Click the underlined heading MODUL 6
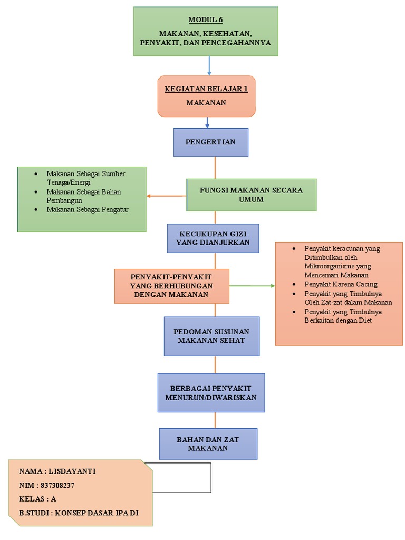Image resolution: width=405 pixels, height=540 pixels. pyautogui.click(x=206, y=20)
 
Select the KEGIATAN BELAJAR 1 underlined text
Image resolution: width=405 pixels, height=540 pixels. pyautogui.click(x=206, y=89)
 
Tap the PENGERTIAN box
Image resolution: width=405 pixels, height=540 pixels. pyautogui.click(x=210, y=142)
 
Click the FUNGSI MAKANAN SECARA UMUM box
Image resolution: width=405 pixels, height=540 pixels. pyautogui.click(x=251, y=195)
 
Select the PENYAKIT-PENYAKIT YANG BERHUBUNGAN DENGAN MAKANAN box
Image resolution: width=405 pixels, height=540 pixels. pyautogui.click(x=171, y=286)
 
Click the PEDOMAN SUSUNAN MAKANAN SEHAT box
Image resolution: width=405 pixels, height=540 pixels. pyautogui.click(x=211, y=336)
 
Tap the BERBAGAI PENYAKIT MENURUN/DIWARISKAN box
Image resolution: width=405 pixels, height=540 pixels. pyautogui.click(x=211, y=393)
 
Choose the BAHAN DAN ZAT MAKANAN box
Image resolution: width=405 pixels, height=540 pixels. pyautogui.click(x=208, y=443)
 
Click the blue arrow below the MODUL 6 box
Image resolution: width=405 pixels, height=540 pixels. pyautogui.click(x=209, y=65)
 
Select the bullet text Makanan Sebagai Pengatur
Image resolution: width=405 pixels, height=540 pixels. pyautogui.click(x=87, y=209)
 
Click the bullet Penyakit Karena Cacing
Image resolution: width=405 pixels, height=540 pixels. pyautogui.click(x=341, y=284)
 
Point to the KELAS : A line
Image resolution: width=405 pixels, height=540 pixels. pyautogui.click(x=37, y=499)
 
